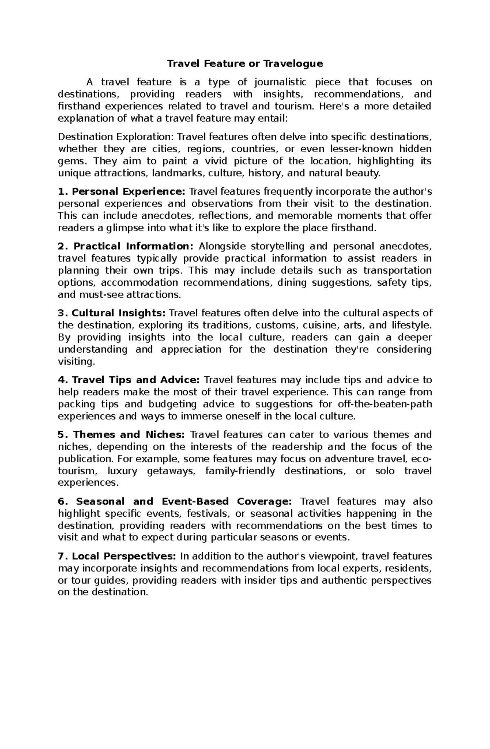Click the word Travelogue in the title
[293, 64]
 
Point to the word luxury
[122, 471]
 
